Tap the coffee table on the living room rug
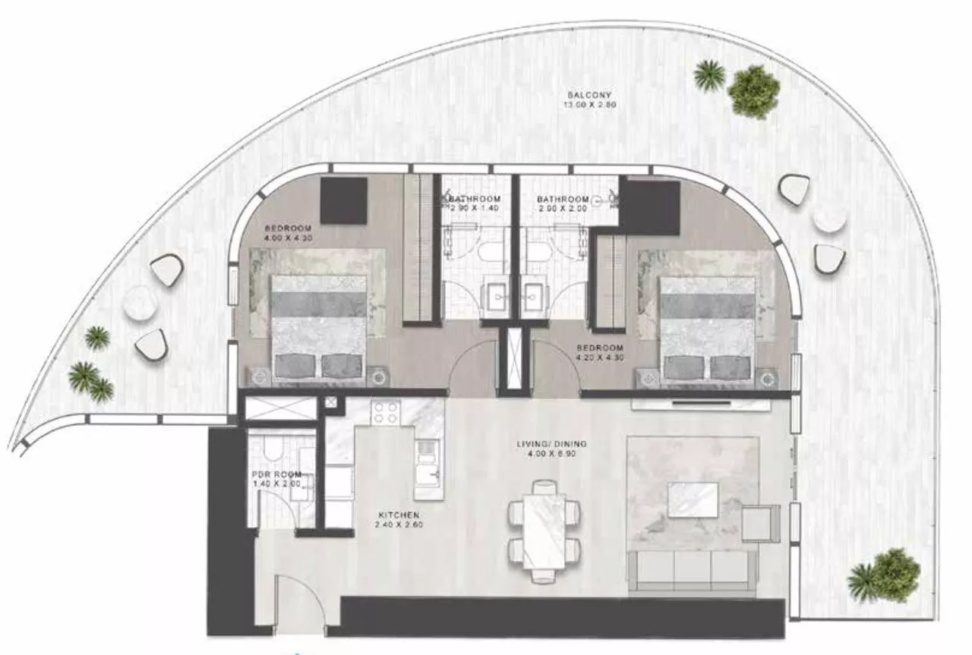coord(692,500)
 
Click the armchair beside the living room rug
coord(760,523)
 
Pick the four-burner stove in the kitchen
coord(385,414)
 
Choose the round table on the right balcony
coord(828,219)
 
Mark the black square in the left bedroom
coord(344,200)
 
